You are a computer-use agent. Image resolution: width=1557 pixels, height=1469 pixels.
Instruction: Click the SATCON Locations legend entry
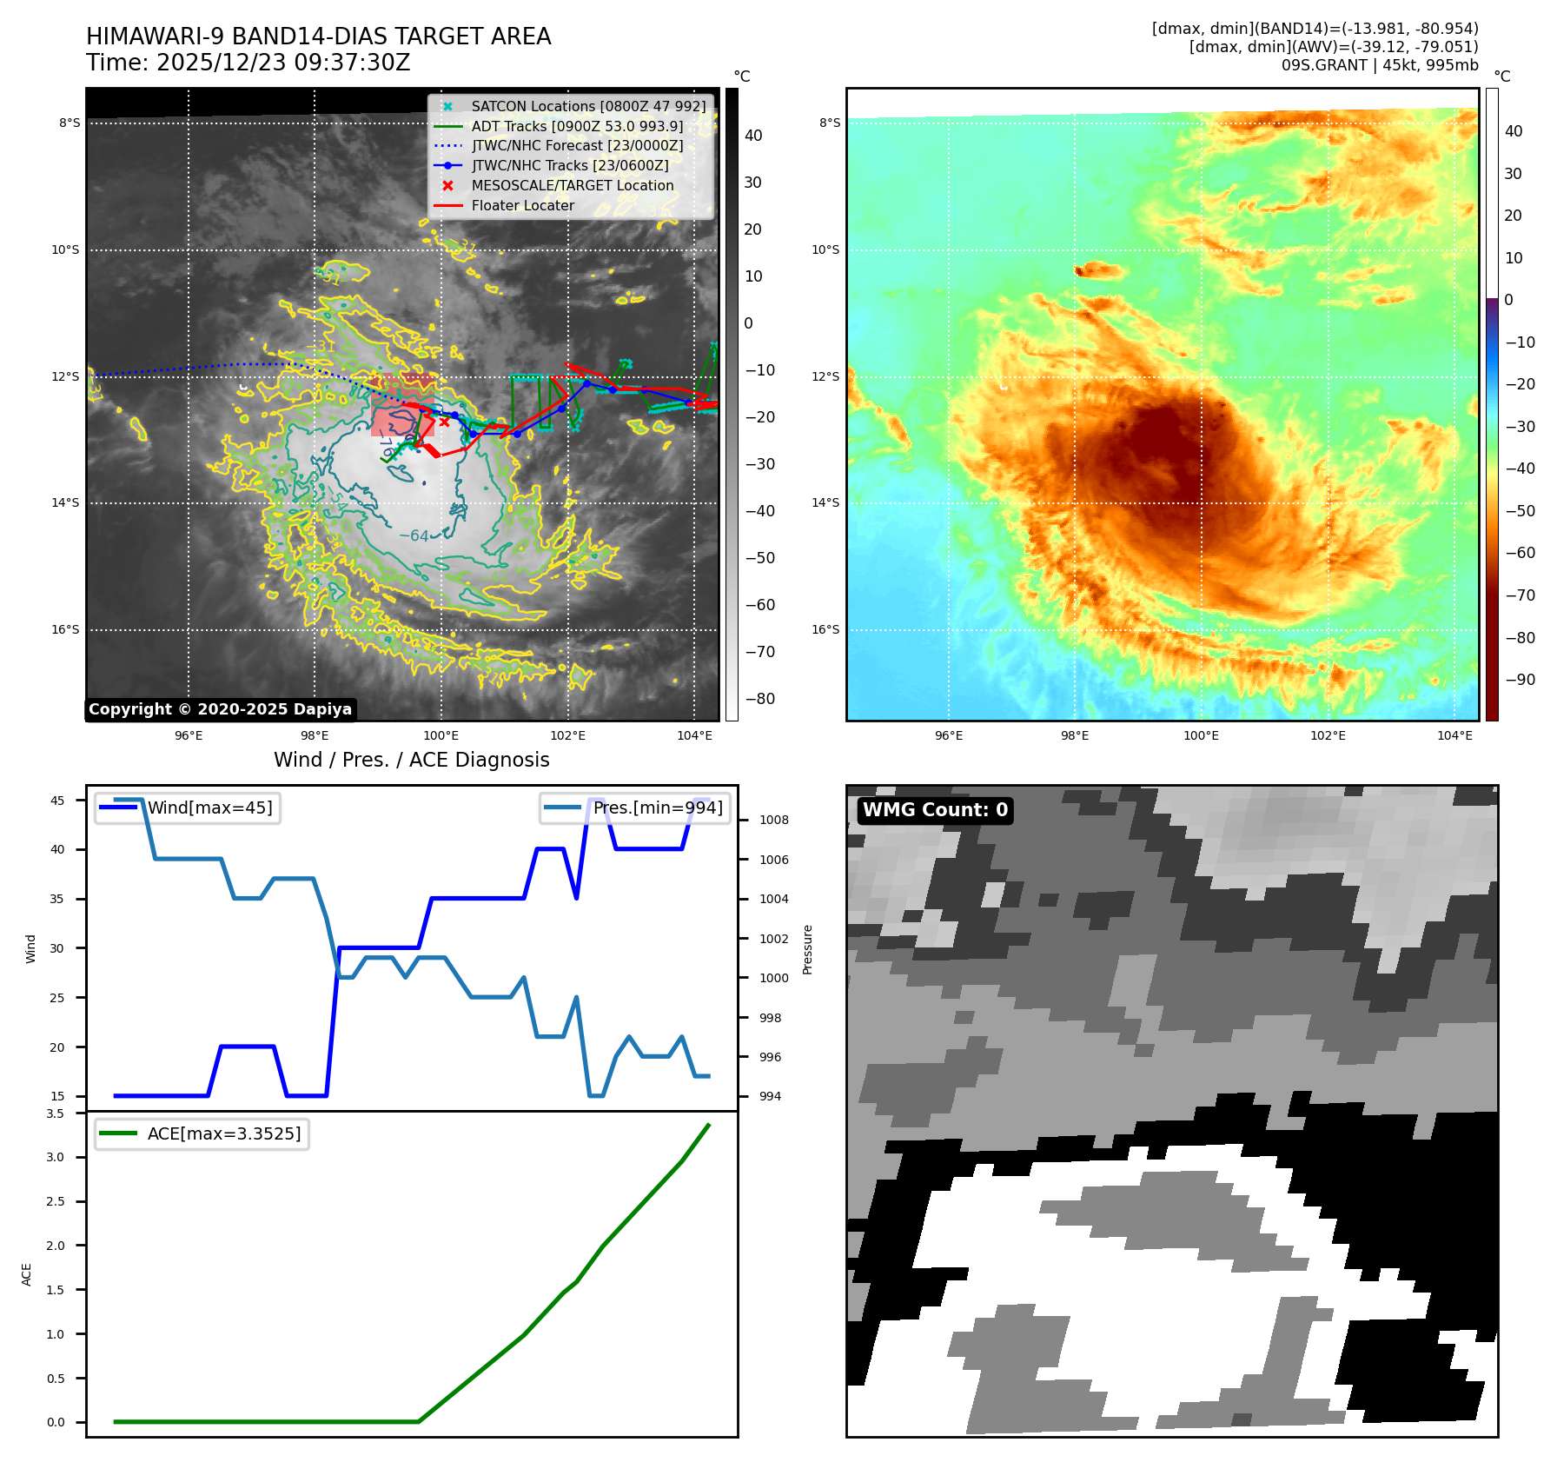[x=588, y=106]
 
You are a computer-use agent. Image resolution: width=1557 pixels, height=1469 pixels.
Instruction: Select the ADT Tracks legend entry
[x=577, y=126]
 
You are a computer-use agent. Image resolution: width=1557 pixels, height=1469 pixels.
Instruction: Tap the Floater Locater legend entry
[x=522, y=205]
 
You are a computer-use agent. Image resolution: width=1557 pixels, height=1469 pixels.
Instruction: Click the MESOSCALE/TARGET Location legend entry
[x=572, y=185]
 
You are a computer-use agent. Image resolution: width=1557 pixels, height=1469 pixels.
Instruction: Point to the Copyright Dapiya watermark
[x=220, y=709]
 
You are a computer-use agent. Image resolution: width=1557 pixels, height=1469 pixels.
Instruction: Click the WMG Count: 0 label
[x=935, y=810]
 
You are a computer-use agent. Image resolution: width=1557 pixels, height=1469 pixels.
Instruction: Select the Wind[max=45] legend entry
[x=209, y=808]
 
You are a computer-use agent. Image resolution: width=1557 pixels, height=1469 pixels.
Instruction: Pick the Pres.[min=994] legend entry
[x=657, y=808]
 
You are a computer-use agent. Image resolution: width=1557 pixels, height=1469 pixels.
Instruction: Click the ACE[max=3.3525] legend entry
[x=224, y=1133]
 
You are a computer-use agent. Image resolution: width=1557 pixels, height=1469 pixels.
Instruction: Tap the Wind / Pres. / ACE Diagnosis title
[x=411, y=760]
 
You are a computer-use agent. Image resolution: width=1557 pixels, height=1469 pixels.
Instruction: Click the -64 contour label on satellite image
[x=414, y=535]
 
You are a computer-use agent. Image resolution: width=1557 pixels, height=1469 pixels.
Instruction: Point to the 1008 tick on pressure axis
[x=773, y=820]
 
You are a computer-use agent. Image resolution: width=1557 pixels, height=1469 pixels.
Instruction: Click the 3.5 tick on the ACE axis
[x=55, y=1113]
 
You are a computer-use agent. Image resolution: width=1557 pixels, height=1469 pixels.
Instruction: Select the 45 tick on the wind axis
[x=57, y=801]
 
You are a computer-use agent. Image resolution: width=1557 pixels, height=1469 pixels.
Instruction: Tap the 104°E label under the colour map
[x=1454, y=735]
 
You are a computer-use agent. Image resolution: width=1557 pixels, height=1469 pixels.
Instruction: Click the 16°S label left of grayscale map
[x=65, y=629]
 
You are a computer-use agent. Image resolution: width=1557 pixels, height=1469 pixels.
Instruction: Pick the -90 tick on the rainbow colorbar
[x=1520, y=680]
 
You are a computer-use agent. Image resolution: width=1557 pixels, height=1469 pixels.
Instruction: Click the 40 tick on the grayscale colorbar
[x=753, y=136]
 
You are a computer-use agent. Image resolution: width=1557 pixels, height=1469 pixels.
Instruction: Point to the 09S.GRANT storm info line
[x=1379, y=65]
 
